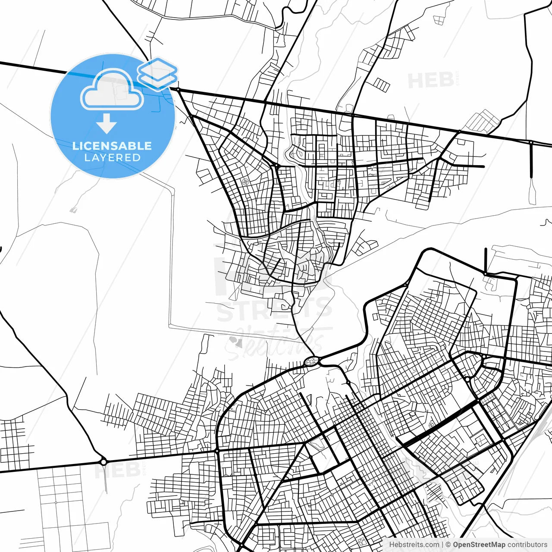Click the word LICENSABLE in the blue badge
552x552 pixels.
112,146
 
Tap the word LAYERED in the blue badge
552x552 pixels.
112,158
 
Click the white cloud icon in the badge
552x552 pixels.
112,91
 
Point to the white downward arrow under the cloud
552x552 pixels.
107,124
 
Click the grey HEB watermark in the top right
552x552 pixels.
430,81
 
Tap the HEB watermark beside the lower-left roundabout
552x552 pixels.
117,470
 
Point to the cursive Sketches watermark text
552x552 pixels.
276,343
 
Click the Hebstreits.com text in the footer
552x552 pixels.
414,545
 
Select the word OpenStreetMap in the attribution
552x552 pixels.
479,545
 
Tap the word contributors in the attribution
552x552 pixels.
527,545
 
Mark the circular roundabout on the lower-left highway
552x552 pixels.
103,462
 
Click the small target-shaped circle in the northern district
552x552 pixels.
245,182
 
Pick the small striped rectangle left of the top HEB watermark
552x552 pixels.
381,85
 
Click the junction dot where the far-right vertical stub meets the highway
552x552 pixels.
531,142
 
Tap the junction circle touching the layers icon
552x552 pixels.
178,89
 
